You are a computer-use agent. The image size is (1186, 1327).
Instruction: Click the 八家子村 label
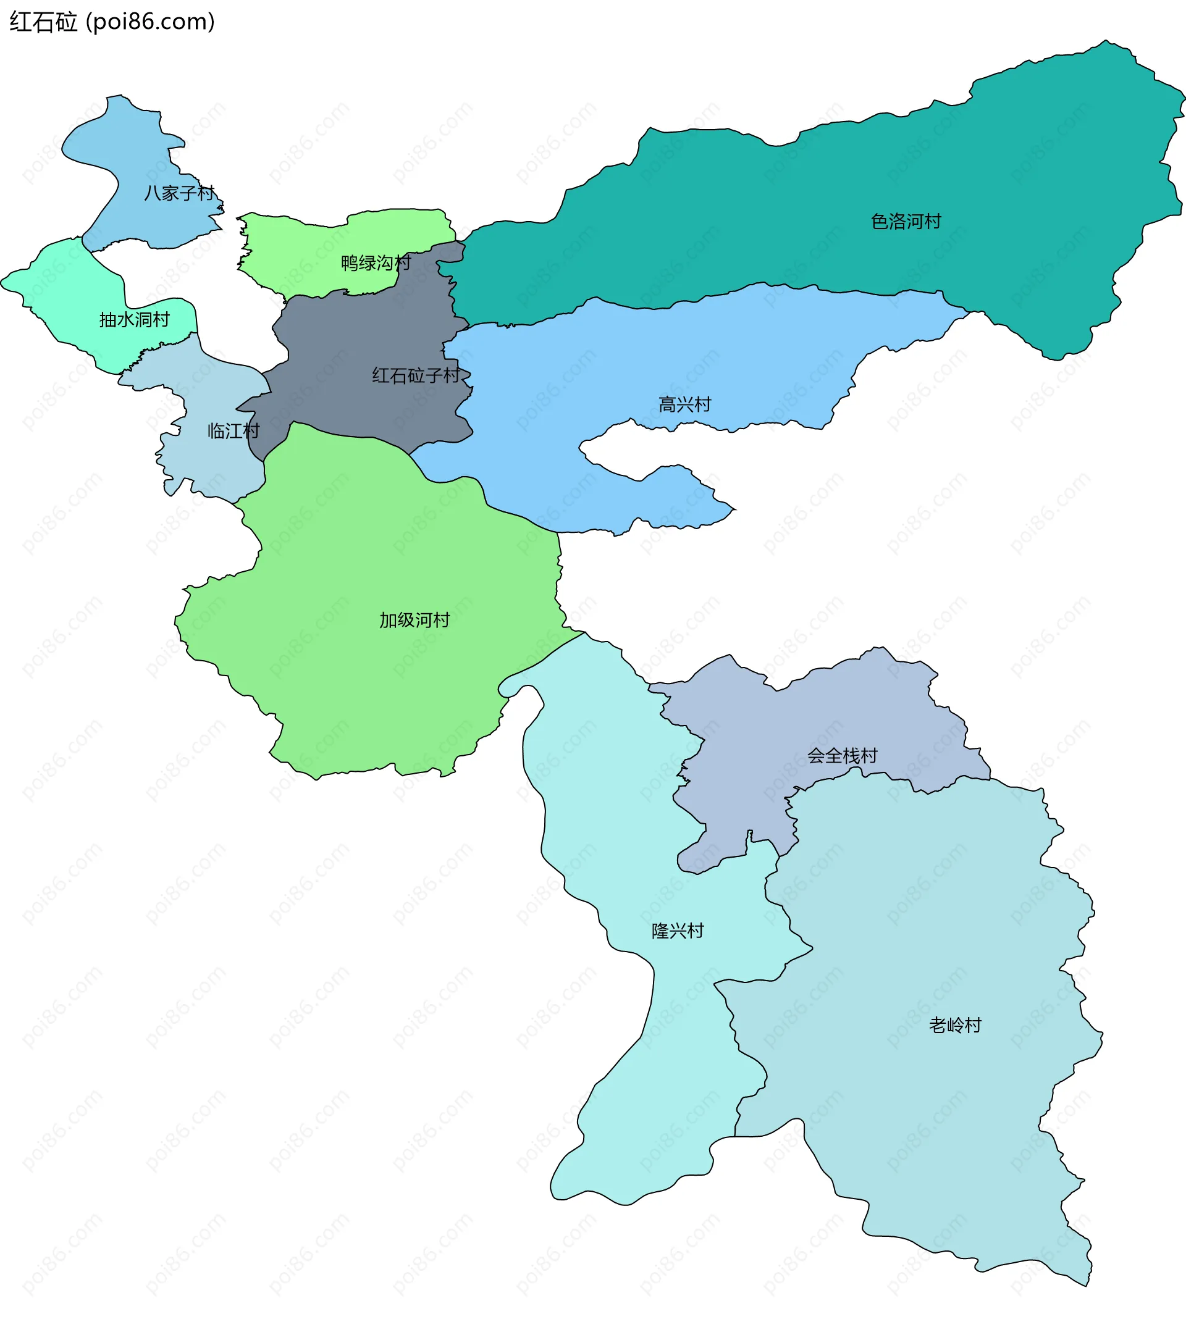179,193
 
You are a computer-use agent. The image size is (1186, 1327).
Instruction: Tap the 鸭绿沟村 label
376,263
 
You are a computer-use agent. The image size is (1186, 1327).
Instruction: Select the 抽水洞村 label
134,320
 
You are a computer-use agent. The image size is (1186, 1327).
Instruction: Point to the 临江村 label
233,431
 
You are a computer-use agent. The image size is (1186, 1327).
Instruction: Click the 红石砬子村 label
416,376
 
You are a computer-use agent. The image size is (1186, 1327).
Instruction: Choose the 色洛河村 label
906,222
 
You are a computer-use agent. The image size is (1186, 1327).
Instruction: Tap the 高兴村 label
684,405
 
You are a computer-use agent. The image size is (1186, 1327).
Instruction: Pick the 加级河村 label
414,620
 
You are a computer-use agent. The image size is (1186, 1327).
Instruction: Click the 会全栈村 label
842,756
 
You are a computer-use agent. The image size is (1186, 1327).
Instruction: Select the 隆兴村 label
678,931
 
